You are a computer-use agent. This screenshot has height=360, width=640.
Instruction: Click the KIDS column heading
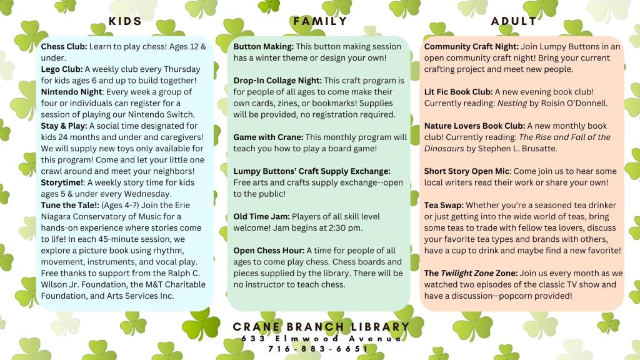(x=125, y=21)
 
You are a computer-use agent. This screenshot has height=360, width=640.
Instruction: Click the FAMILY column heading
(x=320, y=21)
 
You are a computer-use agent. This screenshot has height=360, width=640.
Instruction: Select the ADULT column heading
(x=514, y=21)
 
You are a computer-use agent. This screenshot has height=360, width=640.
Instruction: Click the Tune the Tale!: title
(x=70, y=205)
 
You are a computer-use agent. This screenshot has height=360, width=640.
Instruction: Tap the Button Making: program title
(x=263, y=47)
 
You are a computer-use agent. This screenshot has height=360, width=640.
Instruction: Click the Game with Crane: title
(x=267, y=137)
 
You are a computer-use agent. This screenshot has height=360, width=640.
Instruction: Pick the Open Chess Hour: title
(x=269, y=251)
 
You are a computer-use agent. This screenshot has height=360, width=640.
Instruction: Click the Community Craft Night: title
(x=470, y=47)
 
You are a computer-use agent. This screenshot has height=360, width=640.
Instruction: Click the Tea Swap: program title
(x=444, y=205)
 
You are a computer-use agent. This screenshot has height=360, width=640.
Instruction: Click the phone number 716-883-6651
(x=319, y=348)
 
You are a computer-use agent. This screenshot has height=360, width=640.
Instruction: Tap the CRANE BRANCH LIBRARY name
(x=321, y=327)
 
